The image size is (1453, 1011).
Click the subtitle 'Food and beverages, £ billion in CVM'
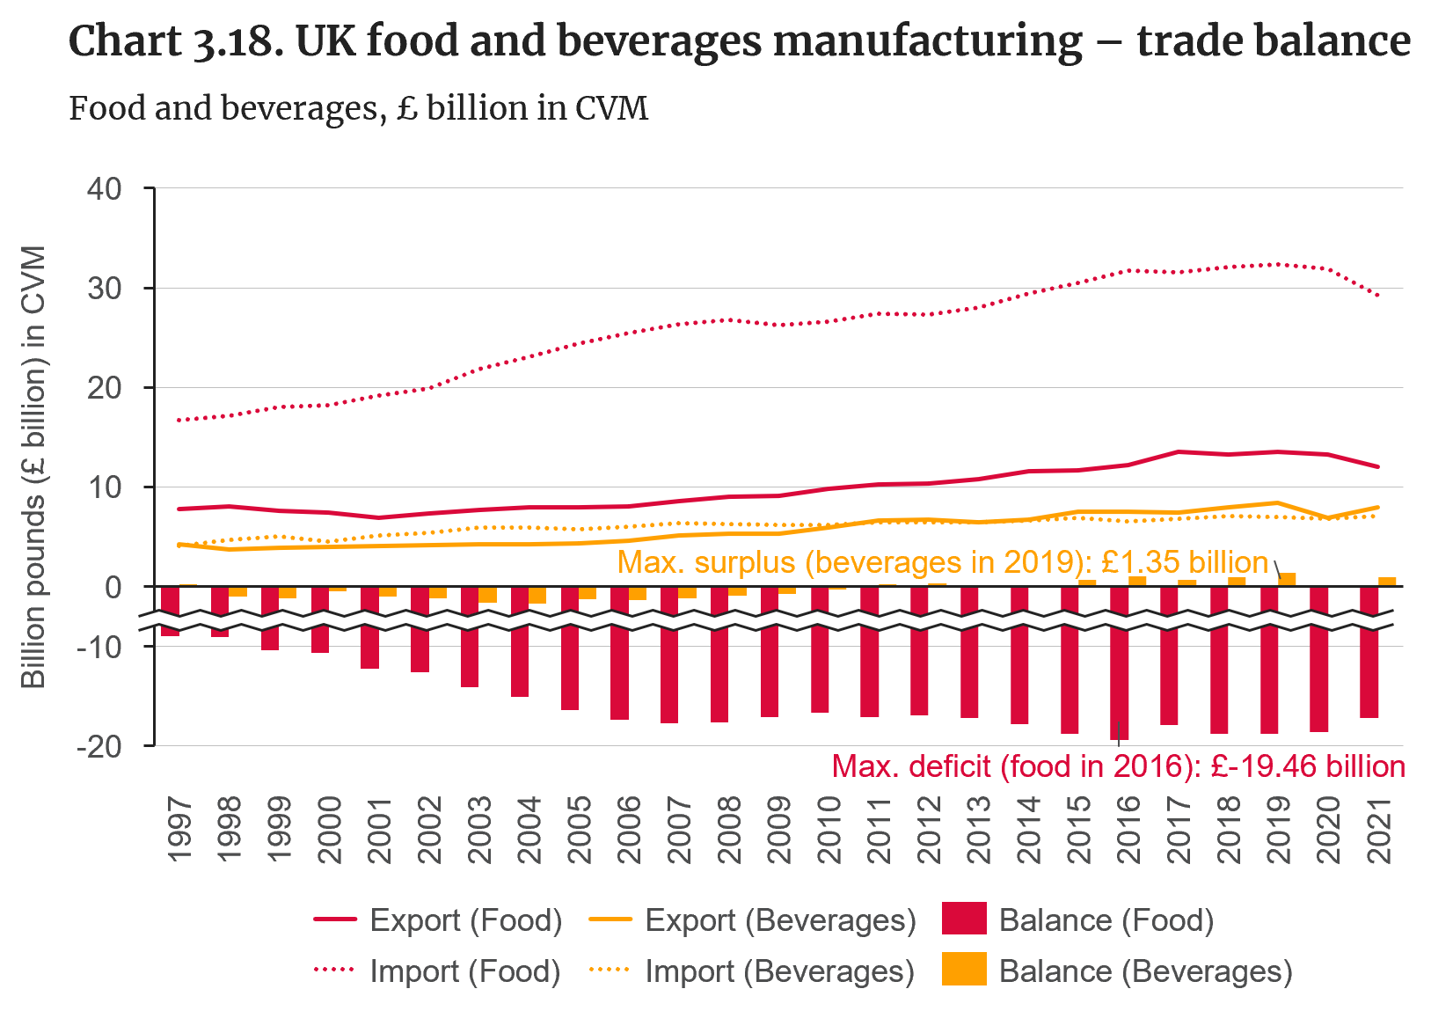tap(358, 108)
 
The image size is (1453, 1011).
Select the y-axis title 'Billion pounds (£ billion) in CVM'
tap(33, 466)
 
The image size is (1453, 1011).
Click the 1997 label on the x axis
tap(179, 831)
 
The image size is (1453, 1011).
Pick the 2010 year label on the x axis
tap(829, 831)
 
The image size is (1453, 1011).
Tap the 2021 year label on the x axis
tap(1378, 831)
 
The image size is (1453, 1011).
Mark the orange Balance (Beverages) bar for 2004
tap(537, 595)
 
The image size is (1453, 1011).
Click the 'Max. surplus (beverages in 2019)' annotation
tap(942, 562)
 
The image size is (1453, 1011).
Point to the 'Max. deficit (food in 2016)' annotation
tap(1118, 766)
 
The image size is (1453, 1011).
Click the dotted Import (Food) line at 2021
tap(1377, 296)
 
